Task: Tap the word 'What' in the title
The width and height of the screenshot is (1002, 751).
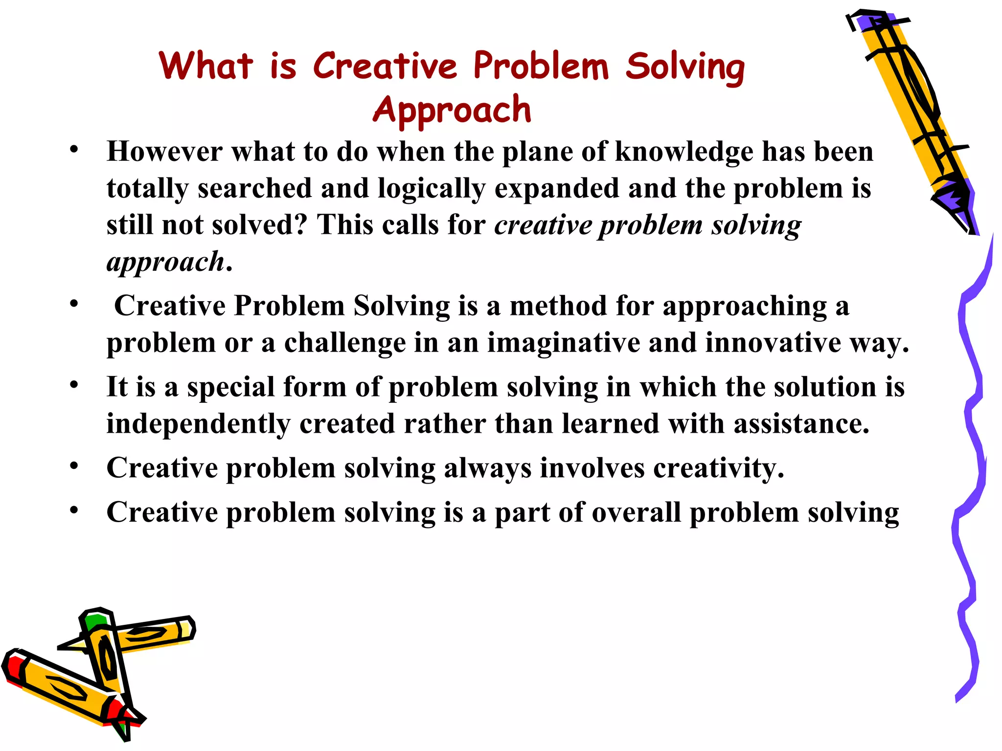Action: point(206,66)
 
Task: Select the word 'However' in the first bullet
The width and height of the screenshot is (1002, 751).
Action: point(164,152)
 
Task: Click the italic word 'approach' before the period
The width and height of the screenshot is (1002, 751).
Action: point(165,263)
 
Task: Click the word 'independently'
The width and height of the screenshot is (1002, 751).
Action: point(198,424)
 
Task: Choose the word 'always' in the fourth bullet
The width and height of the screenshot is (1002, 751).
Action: point(487,468)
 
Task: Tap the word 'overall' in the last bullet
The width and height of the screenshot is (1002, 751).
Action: point(636,513)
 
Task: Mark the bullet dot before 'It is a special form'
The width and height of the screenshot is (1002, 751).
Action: point(74,385)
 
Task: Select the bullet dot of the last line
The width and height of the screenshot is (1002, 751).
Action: point(74,510)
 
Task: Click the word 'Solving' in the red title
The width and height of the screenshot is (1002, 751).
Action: point(685,67)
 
